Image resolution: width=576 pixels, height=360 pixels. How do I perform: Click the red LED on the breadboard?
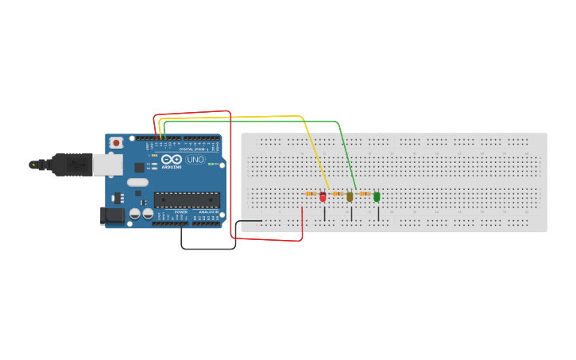coord(323,196)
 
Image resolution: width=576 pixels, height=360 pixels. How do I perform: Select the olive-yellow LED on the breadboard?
coord(350,196)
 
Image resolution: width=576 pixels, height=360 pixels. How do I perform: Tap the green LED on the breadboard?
coord(377,196)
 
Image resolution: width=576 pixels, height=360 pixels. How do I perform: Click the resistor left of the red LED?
coord(311,193)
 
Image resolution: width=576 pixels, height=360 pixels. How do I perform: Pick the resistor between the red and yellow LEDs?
coord(337,193)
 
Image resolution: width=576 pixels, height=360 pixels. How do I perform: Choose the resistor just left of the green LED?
coord(365,193)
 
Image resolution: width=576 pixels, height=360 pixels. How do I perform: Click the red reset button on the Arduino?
coord(117,142)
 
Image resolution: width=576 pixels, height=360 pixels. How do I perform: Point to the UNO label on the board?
coord(195,160)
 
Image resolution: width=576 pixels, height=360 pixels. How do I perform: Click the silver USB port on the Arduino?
coord(107,164)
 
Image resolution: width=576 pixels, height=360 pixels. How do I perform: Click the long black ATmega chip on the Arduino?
coord(186,199)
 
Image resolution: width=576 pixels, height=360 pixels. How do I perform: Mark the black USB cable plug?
coord(72,165)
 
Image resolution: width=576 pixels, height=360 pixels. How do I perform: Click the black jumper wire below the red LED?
coord(324,213)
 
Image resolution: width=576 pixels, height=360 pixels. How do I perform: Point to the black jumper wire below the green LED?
coord(379,213)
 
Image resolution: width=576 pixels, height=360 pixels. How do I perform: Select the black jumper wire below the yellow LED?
coord(351,213)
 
